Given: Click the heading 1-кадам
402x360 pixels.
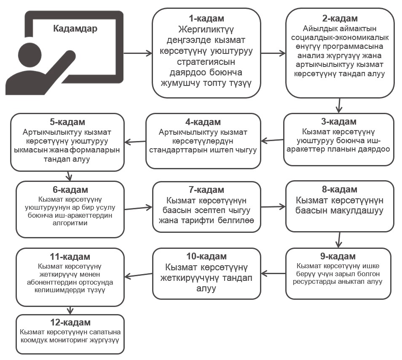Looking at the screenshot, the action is [x=206, y=19].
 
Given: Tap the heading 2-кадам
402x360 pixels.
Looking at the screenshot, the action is [x=340, y=19].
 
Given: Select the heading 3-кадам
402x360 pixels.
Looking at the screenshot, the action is [x=339, y=121].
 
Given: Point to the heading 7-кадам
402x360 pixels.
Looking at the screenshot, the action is [x=206, y=190].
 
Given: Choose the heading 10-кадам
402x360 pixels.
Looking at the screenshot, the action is [x=206, y=256].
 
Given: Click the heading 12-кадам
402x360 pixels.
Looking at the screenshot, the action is [x=70, y=323].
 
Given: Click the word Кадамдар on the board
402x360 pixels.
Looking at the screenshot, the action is [x=75, y=29].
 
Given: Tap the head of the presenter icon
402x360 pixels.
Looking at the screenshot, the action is [x=30, y=54].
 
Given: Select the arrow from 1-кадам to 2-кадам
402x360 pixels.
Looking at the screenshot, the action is [x=273, y=53].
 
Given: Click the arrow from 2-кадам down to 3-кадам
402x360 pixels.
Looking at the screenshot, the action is [x=339, y=105].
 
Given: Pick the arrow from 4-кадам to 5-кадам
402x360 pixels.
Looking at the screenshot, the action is [x=135, y=141].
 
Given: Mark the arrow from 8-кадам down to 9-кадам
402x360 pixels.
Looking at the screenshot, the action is [x=339, y=240].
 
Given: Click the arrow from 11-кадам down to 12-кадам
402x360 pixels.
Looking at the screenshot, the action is [x=70, y=310].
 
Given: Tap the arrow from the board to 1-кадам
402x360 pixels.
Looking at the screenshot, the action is [x=138, y=53].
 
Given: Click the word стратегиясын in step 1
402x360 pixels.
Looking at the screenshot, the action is [x=206, y=62].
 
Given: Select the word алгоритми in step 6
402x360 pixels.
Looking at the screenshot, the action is [x=70, y=223].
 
